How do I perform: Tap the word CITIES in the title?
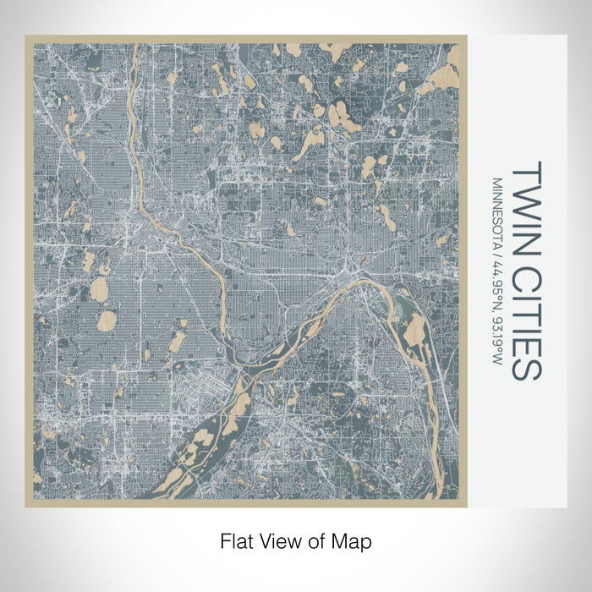527,314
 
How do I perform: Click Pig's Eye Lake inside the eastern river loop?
414,331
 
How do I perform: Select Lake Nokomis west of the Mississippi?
177,342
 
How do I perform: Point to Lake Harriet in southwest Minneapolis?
108,321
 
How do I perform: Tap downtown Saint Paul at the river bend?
347,275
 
